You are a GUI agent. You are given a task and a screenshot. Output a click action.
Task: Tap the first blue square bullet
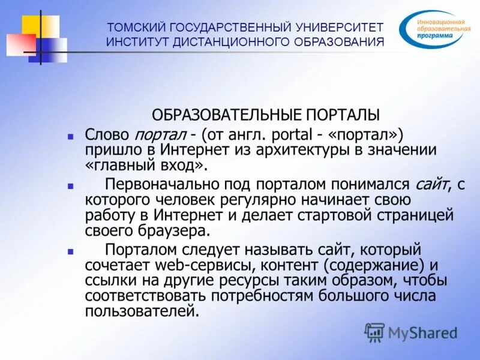pos(70,136)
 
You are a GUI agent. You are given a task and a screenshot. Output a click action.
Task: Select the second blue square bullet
pos(70,187)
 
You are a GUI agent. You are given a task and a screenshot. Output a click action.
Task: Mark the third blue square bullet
pos(70,252)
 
